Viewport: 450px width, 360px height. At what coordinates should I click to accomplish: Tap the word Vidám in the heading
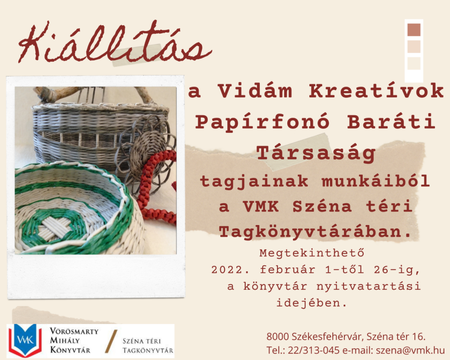click(x=255, y=91)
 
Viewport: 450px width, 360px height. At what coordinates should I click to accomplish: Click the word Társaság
click(x=315, y=153)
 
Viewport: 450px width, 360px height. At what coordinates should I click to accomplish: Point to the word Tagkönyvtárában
click(x=315, y=232)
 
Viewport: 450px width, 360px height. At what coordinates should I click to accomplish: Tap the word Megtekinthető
click(x=312, y=253)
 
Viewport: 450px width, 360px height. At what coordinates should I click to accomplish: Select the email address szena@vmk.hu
click(x=411, y=350)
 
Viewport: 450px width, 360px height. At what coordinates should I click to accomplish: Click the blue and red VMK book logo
click(x=25, y=341)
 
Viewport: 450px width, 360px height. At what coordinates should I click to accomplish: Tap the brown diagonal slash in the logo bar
click(x=111, y=341)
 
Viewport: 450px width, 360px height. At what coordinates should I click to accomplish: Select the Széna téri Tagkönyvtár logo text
click(x=148, y=345)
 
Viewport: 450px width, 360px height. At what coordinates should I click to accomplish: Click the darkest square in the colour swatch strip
click(x=414, y=30)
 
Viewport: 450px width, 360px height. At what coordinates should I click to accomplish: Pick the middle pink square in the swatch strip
click(x=414, y=46)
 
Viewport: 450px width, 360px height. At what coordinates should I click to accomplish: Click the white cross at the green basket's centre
click(x=56, y=227)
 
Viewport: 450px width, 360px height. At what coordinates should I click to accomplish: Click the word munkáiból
click(x=375, y=181)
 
